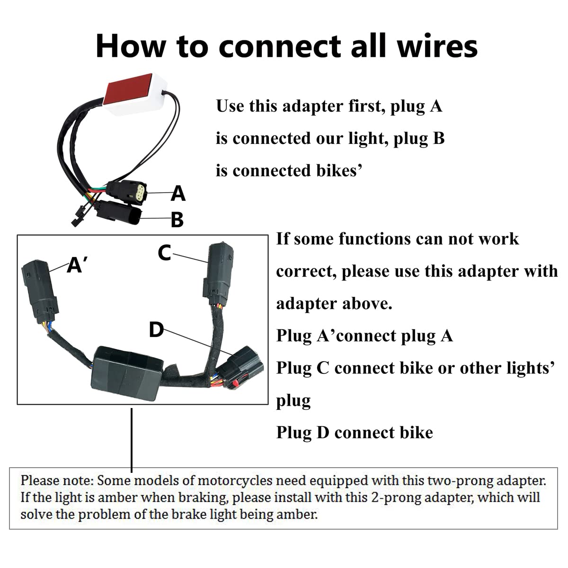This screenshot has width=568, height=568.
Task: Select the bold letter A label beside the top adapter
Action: (178, 193)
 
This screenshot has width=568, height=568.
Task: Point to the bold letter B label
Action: (177, 220)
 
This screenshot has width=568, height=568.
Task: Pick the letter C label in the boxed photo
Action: (164, 253)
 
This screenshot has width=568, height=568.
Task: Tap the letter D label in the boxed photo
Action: (156, 330)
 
